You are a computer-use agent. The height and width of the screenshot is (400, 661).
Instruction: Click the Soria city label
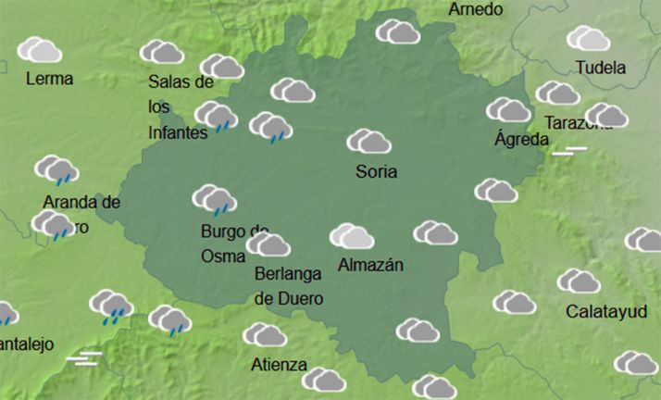click(x=376, y=171)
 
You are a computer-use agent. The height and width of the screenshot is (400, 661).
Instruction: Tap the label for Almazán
click(x=371, y=265)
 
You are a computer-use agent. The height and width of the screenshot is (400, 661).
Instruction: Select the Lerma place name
click(x=51, y=79)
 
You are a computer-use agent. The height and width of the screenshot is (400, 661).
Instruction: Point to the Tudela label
click(x=600, y=68)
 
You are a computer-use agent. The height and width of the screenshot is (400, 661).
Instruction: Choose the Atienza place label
click(x=279, y=364)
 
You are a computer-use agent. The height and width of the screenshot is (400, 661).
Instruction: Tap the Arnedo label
click(x=476, y=9)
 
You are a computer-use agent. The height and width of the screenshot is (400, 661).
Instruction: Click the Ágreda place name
click(x=522, y=140)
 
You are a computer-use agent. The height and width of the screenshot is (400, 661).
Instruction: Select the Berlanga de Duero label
click(x=289, y=286)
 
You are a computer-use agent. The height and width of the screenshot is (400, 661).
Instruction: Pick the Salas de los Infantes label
click(x=181, y=107)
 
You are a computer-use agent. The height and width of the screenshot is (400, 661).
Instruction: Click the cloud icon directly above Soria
click(x=368, y=142)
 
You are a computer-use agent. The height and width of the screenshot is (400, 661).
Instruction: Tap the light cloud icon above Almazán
click(x=352, y=237)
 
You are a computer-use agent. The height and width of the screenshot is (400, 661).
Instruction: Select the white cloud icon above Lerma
click(x=40, y=49)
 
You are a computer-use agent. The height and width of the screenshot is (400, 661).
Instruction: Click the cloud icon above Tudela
click(x=589, y=39)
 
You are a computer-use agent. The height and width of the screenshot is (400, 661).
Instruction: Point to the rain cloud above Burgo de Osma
click(x=214, y=199)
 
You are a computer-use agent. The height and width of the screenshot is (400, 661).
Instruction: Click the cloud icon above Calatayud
click(x=579, y=281)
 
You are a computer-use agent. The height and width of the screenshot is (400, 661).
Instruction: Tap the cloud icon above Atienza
click(x=265, y=334)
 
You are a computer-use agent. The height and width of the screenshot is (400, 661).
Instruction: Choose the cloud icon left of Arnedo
click(x=398, y=31)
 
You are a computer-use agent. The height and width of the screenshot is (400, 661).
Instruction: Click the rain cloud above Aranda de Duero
click(x=56, y=170)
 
